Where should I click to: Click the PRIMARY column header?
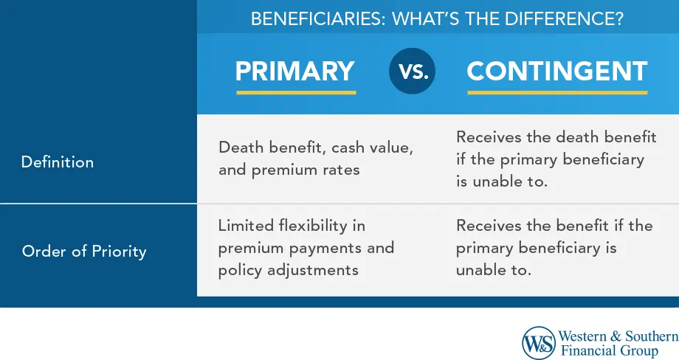click(x=295, y=71)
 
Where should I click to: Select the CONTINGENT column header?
click(x=557, y=71)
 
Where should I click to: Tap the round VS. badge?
click(x=413, y=71)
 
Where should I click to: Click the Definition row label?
click(x=57, y=162)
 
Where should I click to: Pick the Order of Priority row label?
click(x=84, y=252)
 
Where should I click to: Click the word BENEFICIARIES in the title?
click(x=318, y=19)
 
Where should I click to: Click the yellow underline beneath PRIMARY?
click(x=296, y=93)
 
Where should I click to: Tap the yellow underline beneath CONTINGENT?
click(x=557, y=93)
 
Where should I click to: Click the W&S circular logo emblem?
click(x=539, y=343)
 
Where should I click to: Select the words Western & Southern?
click(x=618, y=336)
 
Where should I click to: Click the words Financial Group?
click(x=610, y=350)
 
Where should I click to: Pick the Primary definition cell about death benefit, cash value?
click(x=316, y=159)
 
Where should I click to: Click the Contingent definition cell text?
click(x=556, y=159)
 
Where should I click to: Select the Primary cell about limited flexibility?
click(x=306, y=248)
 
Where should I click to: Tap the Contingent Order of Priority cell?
click(x=554, y=248)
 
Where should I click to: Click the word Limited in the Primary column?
click(x=246, y=226)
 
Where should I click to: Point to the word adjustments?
click(x=313, y=271)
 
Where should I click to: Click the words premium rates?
click(x=306, y=170)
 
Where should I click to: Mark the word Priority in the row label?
click(x=119, y=252)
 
